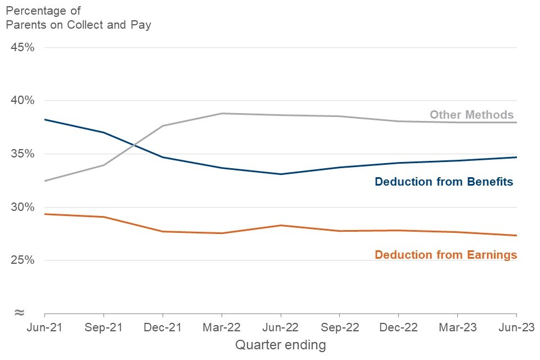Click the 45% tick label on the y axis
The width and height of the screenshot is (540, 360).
click(x=23, y=47)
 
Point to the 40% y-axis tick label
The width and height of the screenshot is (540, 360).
click(x=23, y=101)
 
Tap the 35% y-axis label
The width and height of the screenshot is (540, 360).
click(x=23, y=154)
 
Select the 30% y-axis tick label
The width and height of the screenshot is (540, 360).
click(x=23, y=208)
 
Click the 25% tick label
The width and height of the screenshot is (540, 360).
click(x=23, y=260)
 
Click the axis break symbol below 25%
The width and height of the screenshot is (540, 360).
click(x=19, y=312)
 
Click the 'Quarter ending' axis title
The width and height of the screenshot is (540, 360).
click(x=280, y=345)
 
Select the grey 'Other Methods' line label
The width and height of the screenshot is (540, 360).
click(x=471, y=115)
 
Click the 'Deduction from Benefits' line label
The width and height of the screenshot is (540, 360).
click(x=444, y=182)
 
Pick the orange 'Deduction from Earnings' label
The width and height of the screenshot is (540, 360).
click(x=445, y=255)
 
